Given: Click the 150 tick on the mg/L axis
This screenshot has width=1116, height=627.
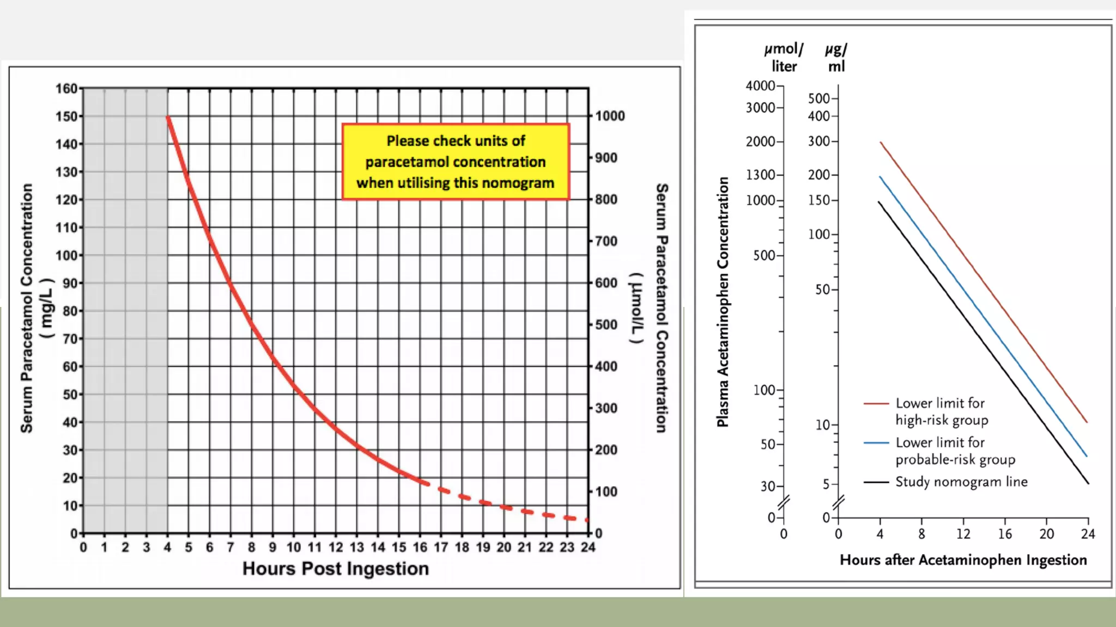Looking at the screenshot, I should (67, 116).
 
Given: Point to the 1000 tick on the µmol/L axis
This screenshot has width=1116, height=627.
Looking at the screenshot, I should (609, 116).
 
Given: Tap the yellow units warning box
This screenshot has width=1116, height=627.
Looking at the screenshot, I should (456, 162).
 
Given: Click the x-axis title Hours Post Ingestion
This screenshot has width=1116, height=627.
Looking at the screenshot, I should (335, 568).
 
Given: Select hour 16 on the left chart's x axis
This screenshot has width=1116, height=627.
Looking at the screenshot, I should (420, 547).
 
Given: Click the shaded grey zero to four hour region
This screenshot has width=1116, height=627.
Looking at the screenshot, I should (125, 310).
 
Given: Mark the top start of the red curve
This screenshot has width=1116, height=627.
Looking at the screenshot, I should (168, 117).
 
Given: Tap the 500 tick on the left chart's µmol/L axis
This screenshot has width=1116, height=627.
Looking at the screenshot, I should (606, 325).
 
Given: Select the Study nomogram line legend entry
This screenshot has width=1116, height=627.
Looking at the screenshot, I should (961, 482).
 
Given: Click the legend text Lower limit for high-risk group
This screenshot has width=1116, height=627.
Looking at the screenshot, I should (942, 411).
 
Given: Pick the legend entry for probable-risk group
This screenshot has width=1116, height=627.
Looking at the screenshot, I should (955, 451).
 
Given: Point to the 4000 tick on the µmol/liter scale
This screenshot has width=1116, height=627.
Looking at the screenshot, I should (761, 86).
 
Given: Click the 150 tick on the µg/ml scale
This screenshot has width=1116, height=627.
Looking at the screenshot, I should (819, 200).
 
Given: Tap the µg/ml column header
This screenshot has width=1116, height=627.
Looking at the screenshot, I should (836, 58).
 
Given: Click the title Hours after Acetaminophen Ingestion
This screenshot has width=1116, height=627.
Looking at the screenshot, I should (963, 560).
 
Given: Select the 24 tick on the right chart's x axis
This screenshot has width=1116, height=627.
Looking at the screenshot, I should (1088, 534).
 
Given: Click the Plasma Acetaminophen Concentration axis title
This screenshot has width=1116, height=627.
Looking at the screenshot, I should (723, 302).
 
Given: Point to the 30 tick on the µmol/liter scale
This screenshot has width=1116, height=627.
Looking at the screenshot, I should (768, 486).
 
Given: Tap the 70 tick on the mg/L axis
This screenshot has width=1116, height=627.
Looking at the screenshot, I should (70, 339).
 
